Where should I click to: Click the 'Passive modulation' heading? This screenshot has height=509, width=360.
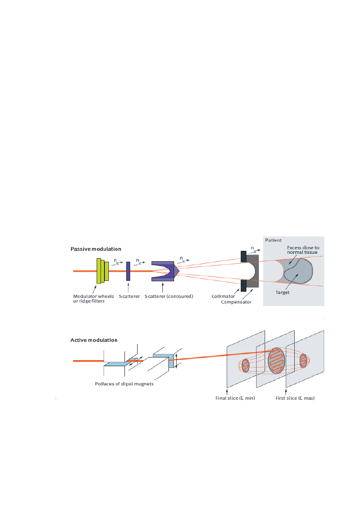[x=96, y=249]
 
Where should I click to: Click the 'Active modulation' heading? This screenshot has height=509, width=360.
[x=94, y=340]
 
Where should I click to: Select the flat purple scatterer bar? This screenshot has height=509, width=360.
[x=128, y=271]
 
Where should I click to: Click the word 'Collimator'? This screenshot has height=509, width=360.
[x=223, y=296]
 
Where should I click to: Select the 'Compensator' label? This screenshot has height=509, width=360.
[x=236, y=301]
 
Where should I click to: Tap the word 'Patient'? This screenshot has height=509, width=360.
[x=273, y=240]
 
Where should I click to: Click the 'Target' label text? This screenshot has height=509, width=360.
[x=283, y=293]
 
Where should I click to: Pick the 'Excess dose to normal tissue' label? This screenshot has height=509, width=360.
[x=303, y=250]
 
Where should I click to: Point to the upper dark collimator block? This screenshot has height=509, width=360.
[x=243, y=257]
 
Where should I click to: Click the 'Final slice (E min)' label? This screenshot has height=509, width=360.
[x=235, y=398]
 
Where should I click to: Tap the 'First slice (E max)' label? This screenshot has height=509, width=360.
[x=295, y=398]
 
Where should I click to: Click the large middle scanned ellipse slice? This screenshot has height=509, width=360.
[x=276, y=361]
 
